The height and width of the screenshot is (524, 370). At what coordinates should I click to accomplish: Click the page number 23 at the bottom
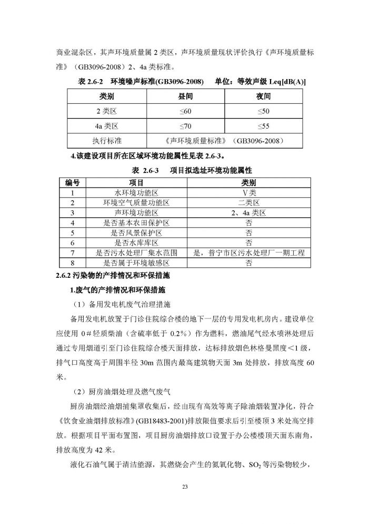click(185, 487)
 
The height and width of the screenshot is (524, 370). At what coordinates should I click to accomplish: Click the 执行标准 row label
click(107, 141)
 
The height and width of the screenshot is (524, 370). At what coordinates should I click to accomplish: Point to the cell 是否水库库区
click(136, 242)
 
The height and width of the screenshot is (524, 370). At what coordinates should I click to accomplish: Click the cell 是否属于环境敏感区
click(136, 263)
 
